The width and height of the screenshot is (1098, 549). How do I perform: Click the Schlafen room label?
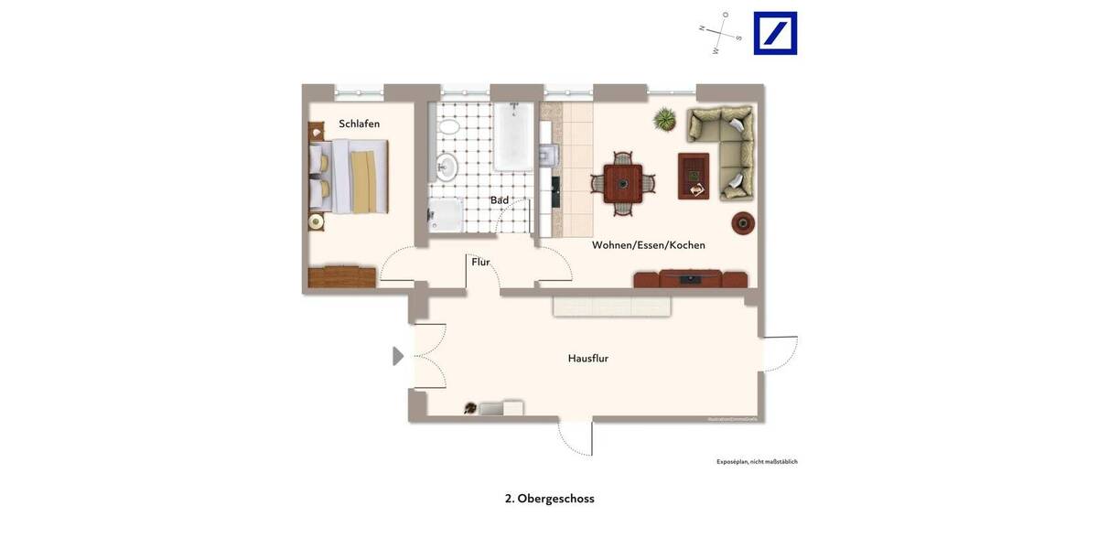click(x=359, y=124)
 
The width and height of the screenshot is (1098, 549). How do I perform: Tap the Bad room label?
click(x=499, y=200)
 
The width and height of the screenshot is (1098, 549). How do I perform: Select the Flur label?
click(x=480, y=262)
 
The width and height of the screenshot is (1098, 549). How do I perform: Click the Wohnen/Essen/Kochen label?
click(x=648, y=245)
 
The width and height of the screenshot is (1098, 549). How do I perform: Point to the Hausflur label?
click(x=587, y=359)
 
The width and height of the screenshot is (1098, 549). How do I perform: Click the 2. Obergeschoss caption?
click(x=549, y=499)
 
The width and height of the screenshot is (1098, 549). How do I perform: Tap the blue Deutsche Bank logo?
click(x=775, y=34)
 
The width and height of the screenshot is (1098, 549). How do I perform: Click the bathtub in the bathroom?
click(x=512, y=136)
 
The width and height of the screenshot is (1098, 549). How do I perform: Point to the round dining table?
click(x=622, y=183)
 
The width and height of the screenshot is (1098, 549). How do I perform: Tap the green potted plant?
click(x=665, y=120)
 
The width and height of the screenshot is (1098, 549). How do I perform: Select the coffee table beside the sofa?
click(x=693, y=176)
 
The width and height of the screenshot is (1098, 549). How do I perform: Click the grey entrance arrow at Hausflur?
click(x=398, y=356)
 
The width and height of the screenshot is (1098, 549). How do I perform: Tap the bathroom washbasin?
click(x=446, y=167)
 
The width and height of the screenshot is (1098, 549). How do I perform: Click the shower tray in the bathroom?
click(x=447, y=215)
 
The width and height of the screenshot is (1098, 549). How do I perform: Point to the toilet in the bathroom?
click(x=448, y=124)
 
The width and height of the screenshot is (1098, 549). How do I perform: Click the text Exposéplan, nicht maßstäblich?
click(x=757, y=462)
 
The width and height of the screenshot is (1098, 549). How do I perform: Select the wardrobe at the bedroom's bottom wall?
click(x=342, y=277)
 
